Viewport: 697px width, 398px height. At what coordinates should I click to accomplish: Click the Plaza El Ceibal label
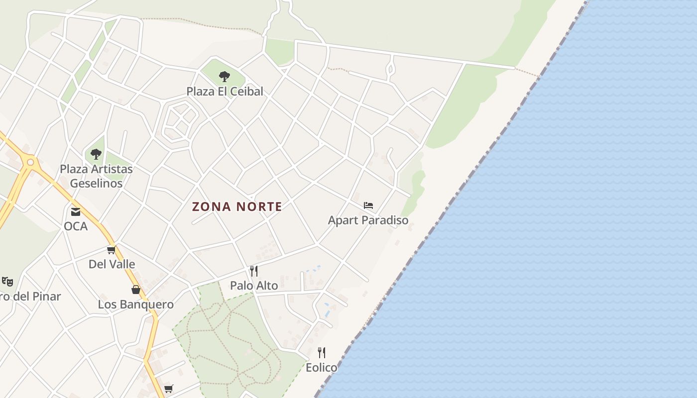pos(225,92)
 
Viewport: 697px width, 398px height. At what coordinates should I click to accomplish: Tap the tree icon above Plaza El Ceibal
pos(225,77)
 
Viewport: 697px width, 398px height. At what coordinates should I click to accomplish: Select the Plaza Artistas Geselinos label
pos(96,176)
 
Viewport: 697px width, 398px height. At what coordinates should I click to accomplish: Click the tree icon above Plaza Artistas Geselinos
pos(96,154)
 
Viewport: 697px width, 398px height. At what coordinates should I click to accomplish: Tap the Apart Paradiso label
pos(368,220)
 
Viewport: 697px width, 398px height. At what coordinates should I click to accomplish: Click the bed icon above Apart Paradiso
pos(368,205)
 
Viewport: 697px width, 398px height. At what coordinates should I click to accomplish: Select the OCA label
pos(76,226)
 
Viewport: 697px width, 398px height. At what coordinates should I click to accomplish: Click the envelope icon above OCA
pos(76,212)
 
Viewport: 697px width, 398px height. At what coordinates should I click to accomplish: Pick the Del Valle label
pos(112,264)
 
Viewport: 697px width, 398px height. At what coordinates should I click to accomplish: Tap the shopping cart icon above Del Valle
pos(111,250)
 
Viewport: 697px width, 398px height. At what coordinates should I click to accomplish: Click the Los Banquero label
pos(135,304)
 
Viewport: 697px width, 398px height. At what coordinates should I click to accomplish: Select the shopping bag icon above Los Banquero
pos(135,290)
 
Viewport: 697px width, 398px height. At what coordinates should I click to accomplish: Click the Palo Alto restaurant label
pos(254,286)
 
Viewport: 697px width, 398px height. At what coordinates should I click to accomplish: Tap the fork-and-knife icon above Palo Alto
pos(254,271)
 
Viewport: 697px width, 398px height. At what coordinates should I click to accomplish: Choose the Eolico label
pos(321,368)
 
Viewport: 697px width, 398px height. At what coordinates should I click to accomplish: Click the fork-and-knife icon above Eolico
pos(322,353)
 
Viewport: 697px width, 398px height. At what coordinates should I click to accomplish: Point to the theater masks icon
pos(7,282)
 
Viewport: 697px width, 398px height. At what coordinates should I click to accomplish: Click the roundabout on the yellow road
pos(30,162)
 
